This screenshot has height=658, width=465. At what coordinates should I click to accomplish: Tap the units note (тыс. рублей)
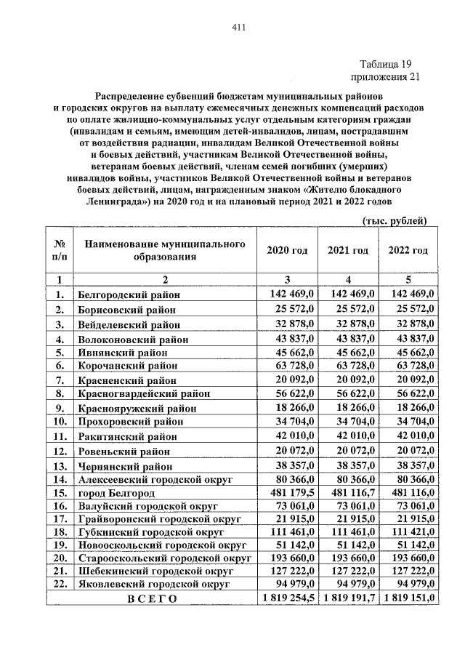coord(394,221)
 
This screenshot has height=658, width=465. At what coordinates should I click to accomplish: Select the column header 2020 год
coord(287,250)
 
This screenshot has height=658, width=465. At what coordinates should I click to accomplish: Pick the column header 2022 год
coord(408,250)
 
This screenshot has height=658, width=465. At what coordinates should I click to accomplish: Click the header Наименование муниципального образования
coord(164,250)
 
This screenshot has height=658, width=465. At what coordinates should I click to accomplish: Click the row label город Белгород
coord(113,493)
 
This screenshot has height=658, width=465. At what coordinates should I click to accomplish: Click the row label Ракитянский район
coord(127,436)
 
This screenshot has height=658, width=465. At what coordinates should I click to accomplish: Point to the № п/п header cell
coord(60,250)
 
